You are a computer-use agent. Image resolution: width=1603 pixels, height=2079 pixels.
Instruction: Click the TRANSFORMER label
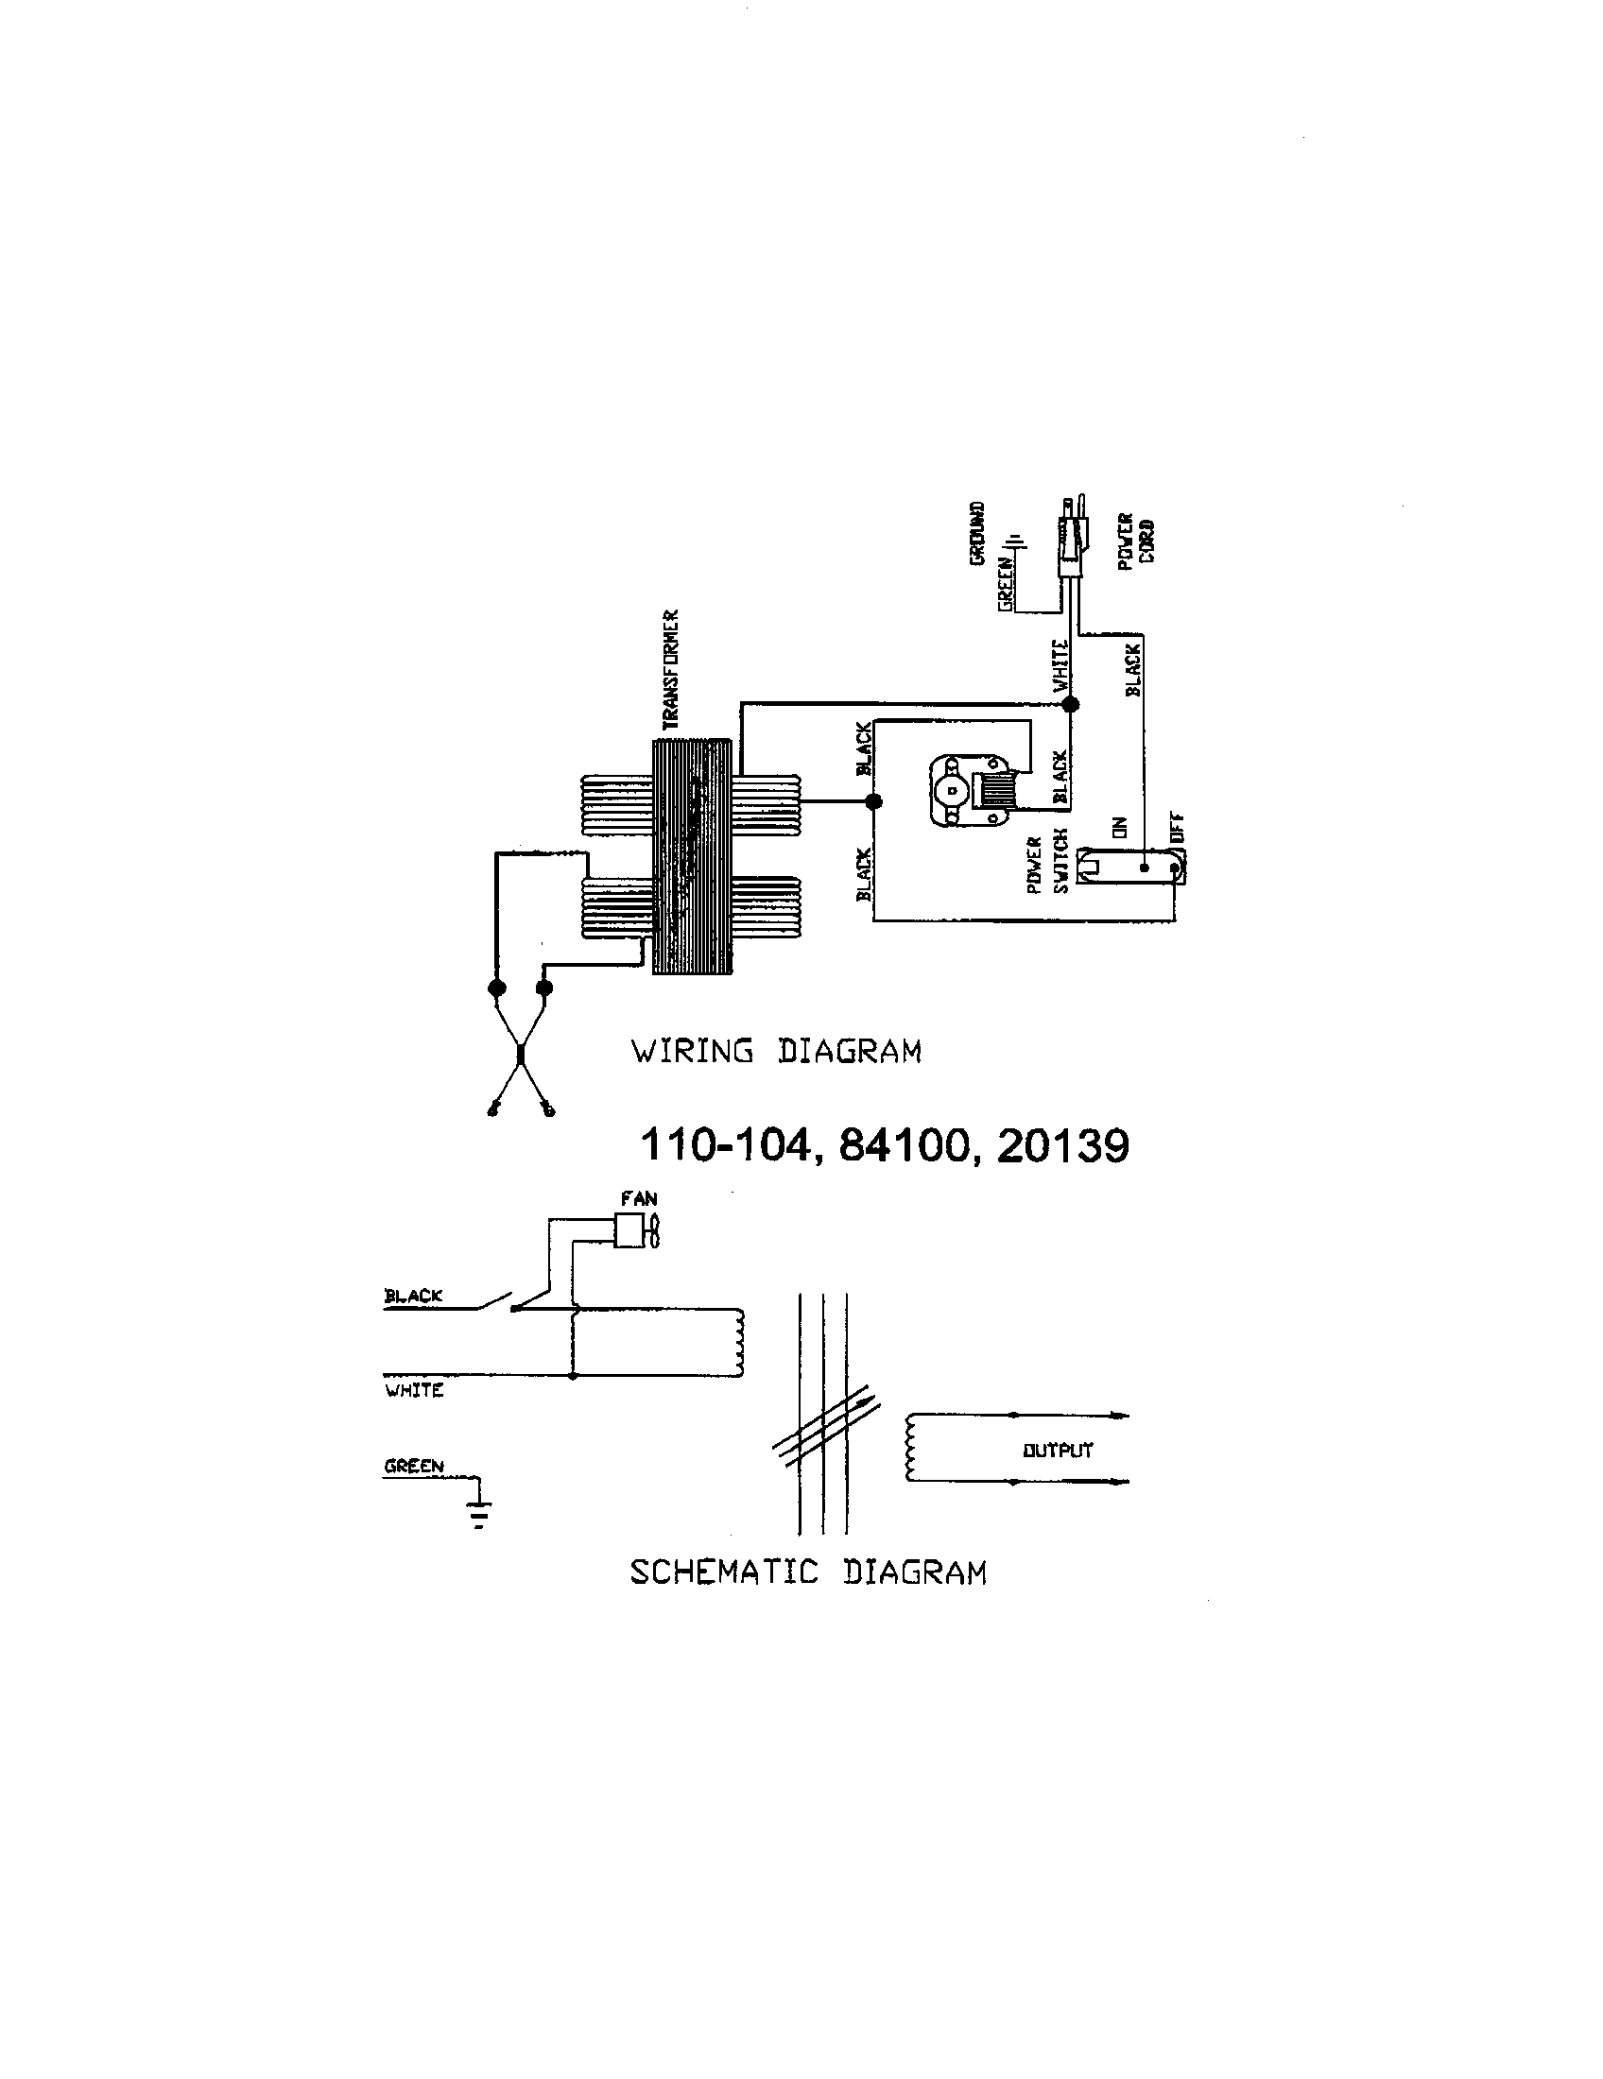tap(672, 670)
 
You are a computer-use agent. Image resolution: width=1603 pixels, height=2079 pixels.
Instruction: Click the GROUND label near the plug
tap(977, 534)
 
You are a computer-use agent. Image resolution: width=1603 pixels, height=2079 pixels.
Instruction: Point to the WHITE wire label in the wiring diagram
tap(1060, 665)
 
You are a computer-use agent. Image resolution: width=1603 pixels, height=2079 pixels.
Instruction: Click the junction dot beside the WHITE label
tap(1070, 704)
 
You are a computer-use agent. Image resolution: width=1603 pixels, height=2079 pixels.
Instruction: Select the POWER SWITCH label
tap(1047, 864)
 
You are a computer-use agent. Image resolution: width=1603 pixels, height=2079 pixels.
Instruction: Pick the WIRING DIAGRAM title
tap(776, 1052)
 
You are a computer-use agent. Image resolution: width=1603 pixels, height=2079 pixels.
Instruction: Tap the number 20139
tap(1062, 1145)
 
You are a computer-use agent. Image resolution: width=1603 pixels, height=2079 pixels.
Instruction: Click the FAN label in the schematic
tap(639, 1198)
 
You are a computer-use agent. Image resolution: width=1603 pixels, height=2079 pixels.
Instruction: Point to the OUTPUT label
tap(1058, 1451)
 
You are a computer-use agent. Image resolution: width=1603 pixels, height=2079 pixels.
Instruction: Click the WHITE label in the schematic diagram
tap(414, 1391)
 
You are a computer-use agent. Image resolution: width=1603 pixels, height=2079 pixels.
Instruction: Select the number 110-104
tap(725, 1145)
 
